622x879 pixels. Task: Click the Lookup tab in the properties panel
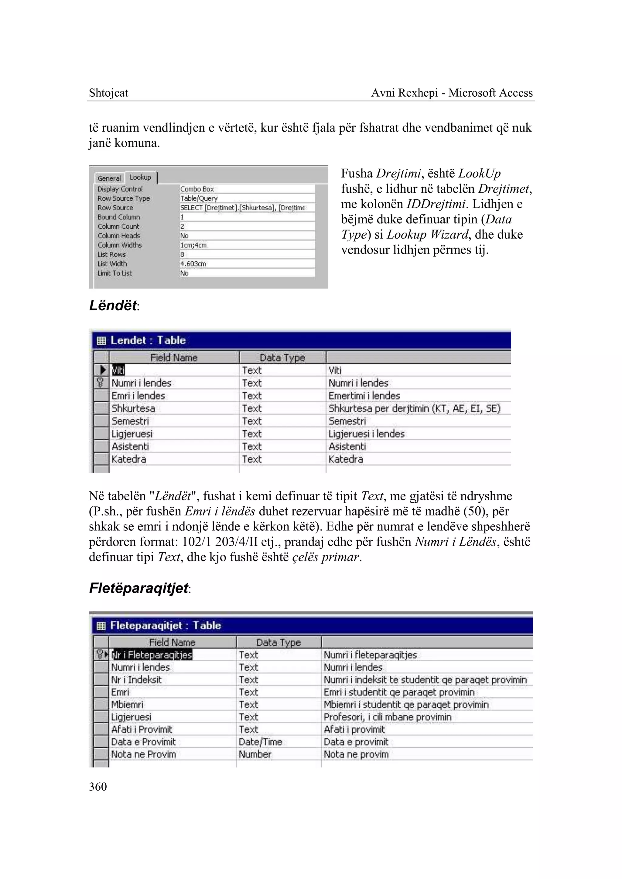(x=140, y=177)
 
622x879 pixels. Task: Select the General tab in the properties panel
(x=109, y=178)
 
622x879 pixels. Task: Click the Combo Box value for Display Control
(x=197, y=189)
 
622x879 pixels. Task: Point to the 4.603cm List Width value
(x=193, y=264)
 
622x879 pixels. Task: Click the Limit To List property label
(x=114, y=273)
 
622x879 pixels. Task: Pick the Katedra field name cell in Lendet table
(x=129, y=459)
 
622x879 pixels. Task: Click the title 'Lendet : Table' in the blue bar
(x=148, y=340)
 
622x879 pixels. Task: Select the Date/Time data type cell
(x=261, y=742)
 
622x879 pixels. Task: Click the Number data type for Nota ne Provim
(x=255, y=754)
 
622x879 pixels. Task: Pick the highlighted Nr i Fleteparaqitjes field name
(x=152, y=655)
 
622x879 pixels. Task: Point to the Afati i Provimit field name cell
(x=142, y=729)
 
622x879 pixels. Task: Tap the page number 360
(x=98, y=787)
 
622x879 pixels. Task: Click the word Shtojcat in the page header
(x=108, y=93)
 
